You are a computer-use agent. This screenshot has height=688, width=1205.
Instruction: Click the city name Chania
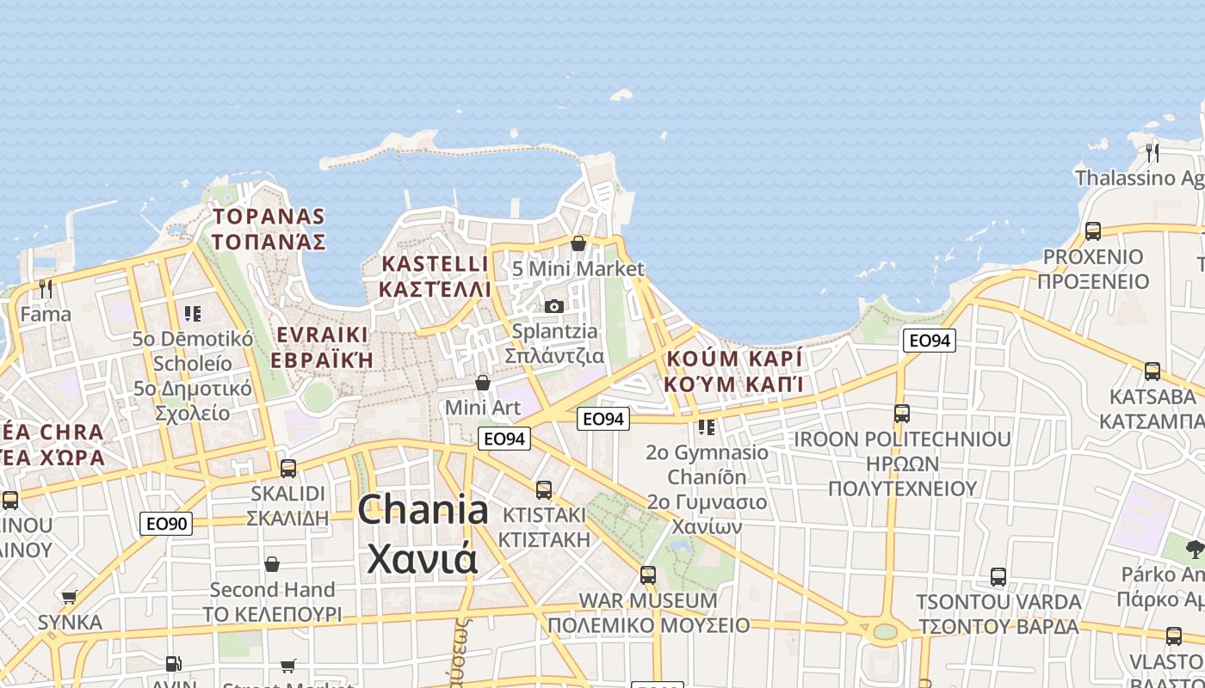(x=423, y=510)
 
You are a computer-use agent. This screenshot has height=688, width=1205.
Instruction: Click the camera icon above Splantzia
(x=554, y=306)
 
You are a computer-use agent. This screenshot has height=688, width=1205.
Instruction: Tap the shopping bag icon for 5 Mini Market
(x=578, y=243)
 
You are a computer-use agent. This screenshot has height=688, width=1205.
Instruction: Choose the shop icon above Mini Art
(x=483, y=382)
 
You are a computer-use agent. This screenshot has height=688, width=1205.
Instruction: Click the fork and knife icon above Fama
(x=46, y=288)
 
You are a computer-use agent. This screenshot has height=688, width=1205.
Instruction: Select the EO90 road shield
(x=166, y=523)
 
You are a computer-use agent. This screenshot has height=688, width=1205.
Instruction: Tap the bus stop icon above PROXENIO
(x=1093, y=230)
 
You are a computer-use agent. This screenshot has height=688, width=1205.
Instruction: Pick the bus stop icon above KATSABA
(x=1152, y=372)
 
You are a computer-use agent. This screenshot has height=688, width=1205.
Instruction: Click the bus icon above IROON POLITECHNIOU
(x=901, y=414)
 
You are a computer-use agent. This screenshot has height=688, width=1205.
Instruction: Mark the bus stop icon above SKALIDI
(x=288, y=469)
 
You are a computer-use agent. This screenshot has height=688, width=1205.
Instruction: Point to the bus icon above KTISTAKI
(x=544, y=490)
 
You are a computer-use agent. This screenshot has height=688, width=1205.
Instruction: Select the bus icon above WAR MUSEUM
(x=648, y=574)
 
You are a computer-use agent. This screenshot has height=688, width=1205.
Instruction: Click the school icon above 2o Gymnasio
(x=707, y=427)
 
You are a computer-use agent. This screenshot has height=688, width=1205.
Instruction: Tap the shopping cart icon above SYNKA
(x=70, y=597)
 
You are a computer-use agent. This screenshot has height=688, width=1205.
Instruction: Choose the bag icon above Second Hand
(x=272, y=564)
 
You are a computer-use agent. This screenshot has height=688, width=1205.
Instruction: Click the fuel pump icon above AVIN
(x=173, y=664)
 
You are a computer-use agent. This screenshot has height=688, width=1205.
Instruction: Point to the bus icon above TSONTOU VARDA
(x=998, y=576)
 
